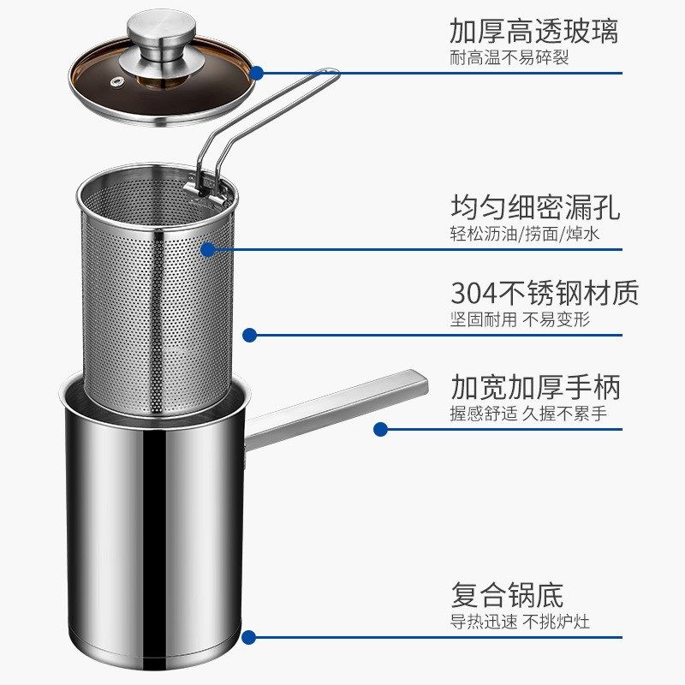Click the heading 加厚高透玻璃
(533, 32)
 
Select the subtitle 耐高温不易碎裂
(509, 58)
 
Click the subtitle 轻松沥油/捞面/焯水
(524, 235)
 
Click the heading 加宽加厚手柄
(535, 387)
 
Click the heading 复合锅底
(507, 594)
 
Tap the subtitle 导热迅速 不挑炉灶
(520, 622)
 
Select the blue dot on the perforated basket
(207, 249)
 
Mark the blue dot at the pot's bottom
(248, 637)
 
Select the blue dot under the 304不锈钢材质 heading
(249, 335)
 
